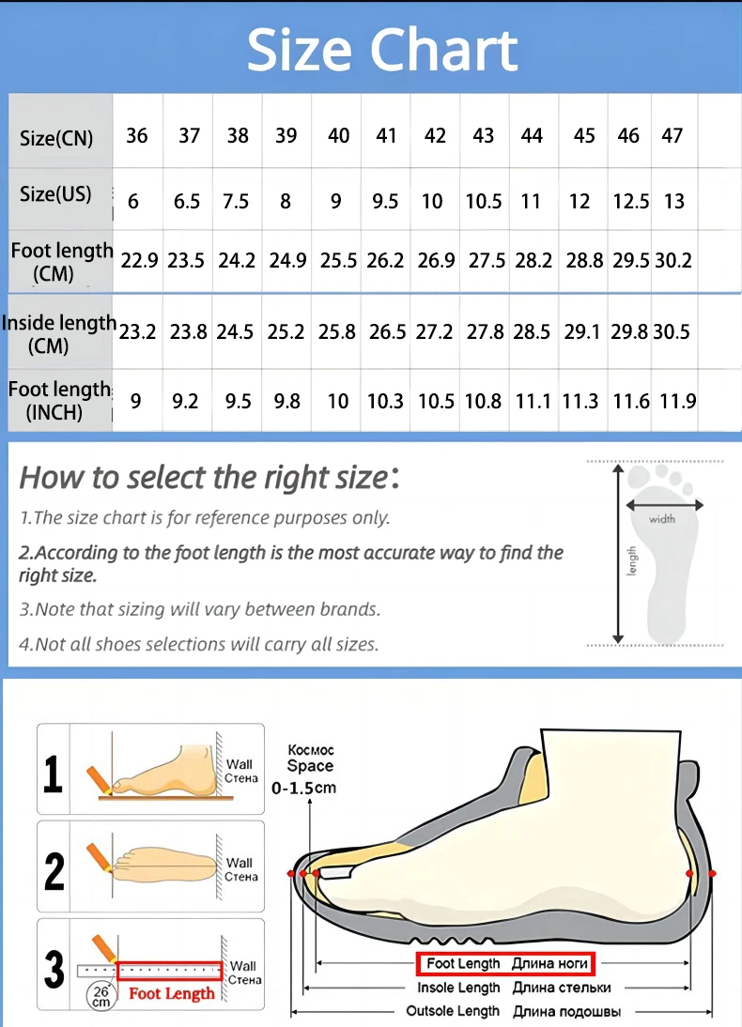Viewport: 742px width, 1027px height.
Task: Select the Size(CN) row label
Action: tap(56, 138)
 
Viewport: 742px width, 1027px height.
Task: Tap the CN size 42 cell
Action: tap(435, 135)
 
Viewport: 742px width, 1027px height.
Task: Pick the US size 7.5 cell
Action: tap(238, 201)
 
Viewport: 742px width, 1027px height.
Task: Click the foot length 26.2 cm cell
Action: tap(385, 260)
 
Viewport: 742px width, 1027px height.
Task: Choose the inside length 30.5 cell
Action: tap(671, 331)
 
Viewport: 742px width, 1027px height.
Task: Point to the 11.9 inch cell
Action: tap(676, 401)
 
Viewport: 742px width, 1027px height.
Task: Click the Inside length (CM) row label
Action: tap(58, 333)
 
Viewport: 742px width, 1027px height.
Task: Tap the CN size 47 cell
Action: tap(672, 135)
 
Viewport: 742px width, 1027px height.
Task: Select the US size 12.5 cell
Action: tap(630, 201)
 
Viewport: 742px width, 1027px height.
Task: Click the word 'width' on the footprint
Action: tap(661, 519)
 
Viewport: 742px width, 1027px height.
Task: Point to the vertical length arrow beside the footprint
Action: tap(618, 554)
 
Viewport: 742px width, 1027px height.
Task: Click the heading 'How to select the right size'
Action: tap(204, 478)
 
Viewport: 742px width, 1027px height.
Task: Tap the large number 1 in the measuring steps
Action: tap(54, 774)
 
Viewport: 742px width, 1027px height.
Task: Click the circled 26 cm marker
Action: tap(100, 995)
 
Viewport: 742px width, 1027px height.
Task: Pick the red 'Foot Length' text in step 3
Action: tap(172, 993)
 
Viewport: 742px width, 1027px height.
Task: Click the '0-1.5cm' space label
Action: tap(302, 788)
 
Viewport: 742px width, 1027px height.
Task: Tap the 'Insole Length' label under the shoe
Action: tap(458, 988)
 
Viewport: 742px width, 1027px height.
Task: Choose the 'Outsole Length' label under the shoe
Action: tap(453, 1011)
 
